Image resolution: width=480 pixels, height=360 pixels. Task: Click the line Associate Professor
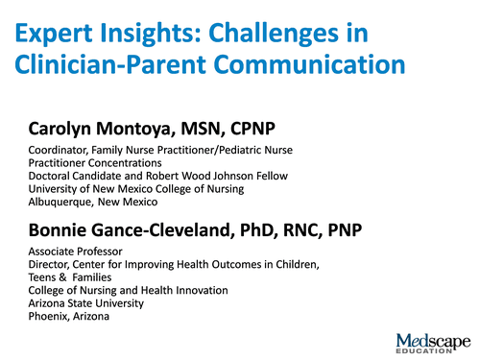[75, 252]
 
